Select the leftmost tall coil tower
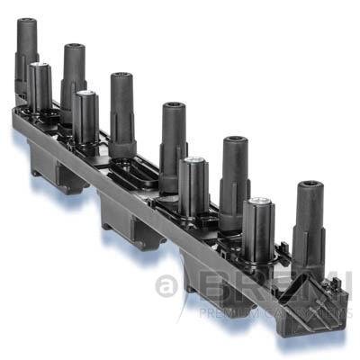(26, 54)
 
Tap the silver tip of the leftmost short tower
(37, 66)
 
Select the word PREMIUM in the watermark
(217, 313)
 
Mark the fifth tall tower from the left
(234, 171)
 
